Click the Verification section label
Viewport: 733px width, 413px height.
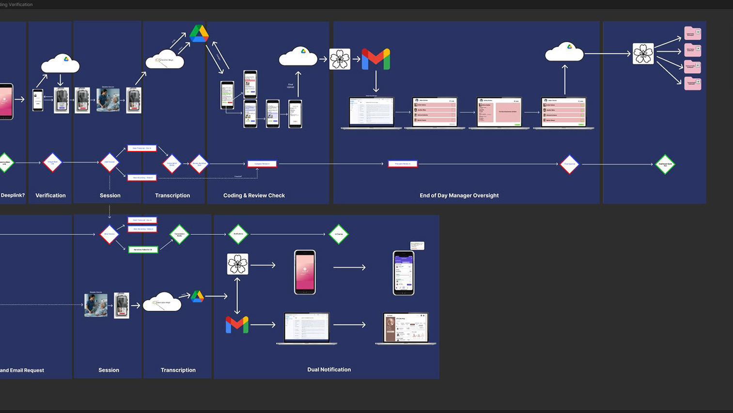tap(50, 196)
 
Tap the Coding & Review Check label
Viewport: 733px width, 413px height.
tap(254, 196)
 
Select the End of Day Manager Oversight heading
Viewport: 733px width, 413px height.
tap(459, 196)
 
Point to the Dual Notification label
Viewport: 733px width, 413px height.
tap(329, 369)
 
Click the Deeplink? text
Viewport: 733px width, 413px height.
tap(13, 196)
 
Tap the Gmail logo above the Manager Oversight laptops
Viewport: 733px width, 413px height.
tap(376, 59)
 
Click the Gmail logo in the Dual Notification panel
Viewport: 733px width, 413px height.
tap(237, 324)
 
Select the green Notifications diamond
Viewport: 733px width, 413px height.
tap(238, 234)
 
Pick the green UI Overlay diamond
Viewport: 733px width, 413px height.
tap(339, 234)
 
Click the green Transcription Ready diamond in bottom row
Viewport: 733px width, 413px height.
tap(179, 234)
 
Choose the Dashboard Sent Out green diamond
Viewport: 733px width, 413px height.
tap(665, 165)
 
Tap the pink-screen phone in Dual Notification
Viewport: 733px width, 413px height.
tap(305, 272)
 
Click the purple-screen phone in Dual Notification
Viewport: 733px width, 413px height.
tap(404, 273)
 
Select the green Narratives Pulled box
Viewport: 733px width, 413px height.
tap(143, 250)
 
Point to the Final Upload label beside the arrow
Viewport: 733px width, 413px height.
tap(290, 86)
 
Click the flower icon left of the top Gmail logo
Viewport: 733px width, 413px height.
tap(340, 59)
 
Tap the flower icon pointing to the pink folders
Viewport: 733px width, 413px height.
tap(643, 54)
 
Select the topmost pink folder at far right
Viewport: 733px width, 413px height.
tap(692, 33)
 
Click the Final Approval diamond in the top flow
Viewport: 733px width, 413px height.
tap(569, 164)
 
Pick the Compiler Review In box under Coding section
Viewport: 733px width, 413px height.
tap(262, 164)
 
